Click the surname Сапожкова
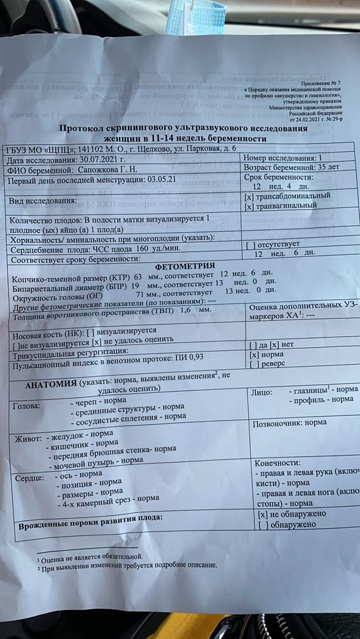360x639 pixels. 93,171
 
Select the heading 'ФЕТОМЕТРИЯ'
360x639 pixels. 184,266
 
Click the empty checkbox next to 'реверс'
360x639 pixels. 254,364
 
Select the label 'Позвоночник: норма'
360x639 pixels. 290,423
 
